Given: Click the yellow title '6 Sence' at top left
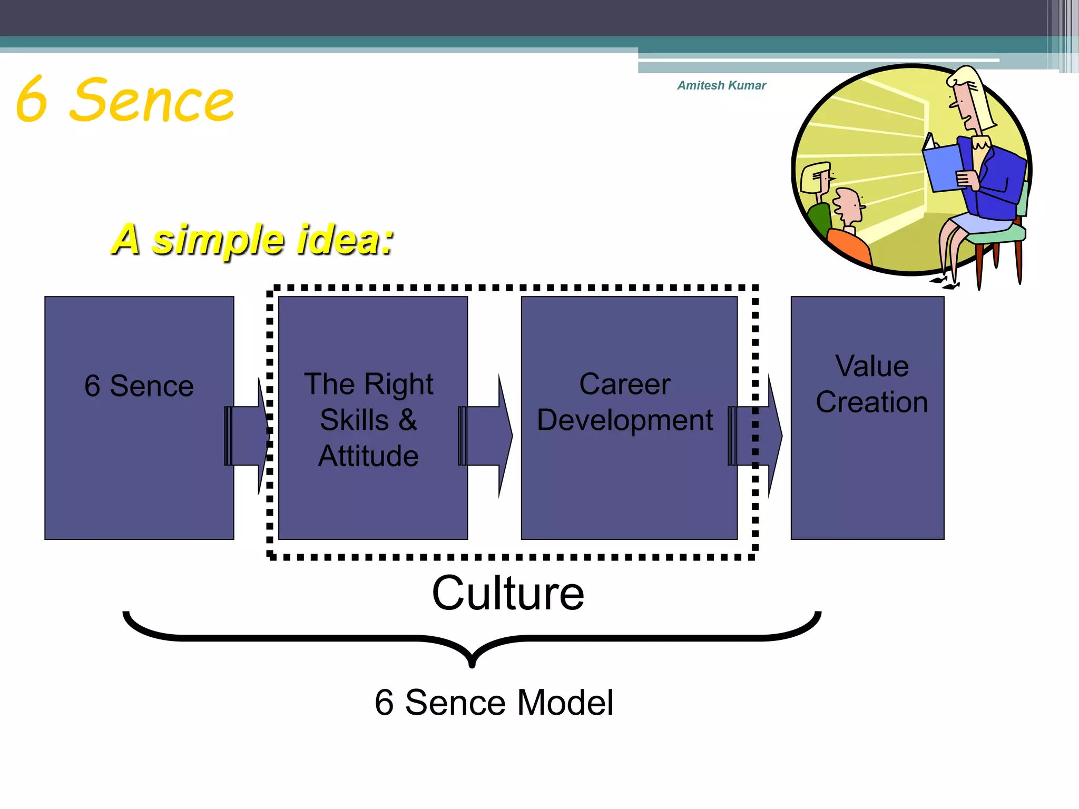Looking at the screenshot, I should point(125,100).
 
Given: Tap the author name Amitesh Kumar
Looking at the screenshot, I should point(721,85).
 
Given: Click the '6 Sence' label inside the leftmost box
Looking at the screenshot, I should point(139,386).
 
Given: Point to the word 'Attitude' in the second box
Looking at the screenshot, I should point(368,456).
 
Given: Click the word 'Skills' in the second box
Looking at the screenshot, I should point(354,420).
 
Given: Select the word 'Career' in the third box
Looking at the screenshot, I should point(625,384).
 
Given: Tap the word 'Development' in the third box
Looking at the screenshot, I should point(625,420).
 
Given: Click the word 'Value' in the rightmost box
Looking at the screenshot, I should point(872,366).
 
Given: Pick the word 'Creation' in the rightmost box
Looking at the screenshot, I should point(872,402).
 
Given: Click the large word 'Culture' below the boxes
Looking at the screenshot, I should point(508,594).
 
